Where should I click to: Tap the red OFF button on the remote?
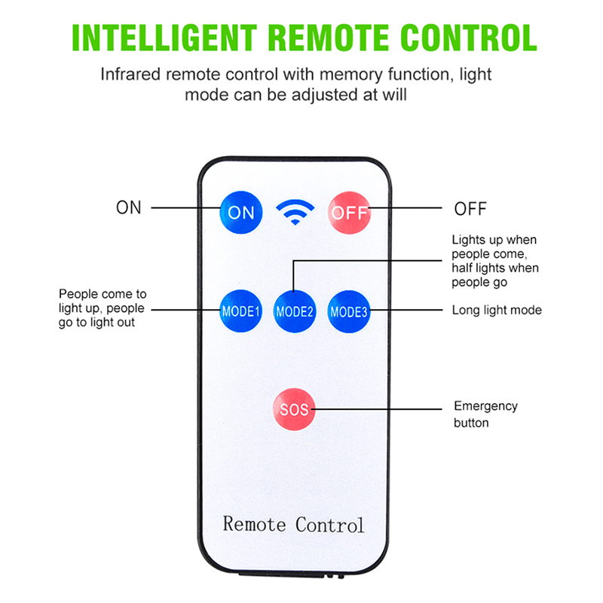tap(349, 212)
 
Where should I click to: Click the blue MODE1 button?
tap(240, 311)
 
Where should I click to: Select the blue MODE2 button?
tap(294, 311)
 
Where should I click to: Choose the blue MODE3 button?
tap(348, 311)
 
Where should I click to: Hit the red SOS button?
tap(294, 409)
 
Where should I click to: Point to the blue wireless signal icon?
tap(295, 213)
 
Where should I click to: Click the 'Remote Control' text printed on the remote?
tap(293, 524)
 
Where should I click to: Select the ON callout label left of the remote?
tap(129, 208)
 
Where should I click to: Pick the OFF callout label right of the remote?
tap(470, 209)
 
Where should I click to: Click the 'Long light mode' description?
tap(496, 310)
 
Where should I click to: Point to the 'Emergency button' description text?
tap(485, 415)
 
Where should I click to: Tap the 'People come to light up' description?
tap(103, 308)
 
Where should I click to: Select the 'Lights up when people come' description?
tap(495, 261)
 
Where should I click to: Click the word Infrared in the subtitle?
tap(130, 75)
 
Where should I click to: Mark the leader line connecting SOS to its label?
tap(377, 409)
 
